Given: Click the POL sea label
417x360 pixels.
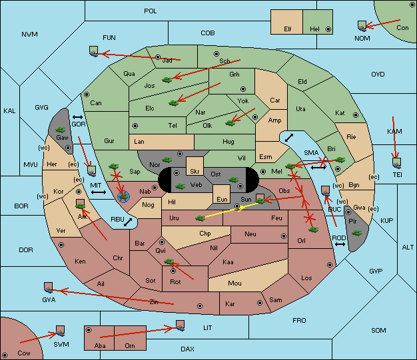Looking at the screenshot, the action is pyautogui.click(x=151, y=11).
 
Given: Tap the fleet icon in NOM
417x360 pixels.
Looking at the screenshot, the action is pyautogui.click(x=362, y=26).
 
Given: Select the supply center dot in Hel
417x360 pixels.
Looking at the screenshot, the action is pyautogui.click(x=328, y=29).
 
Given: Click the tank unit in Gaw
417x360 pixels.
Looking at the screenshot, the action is pyautogui.click(x=61, y=130).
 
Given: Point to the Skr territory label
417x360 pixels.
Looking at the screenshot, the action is pyautogui.click(x=195, y=172).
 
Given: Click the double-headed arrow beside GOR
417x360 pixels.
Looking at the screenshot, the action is pyautogui.click(x=77, y=117).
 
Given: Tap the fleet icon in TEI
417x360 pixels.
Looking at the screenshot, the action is pyautogui.click(x=397, y=163).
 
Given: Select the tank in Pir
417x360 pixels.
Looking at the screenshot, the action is pyautogui.click(x=356, y=233).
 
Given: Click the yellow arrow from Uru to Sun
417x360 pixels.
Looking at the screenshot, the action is pyautogui.click(x=229, y=210).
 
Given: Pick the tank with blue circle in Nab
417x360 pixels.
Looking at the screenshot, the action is pyautogui.click(x=123, y=196).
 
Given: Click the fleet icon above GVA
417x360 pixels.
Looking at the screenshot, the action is pyautogui.click(x=48, y=287).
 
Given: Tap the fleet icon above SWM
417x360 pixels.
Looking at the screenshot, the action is pyautogui.click(x=61, y=331).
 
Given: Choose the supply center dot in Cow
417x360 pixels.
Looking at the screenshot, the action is pyautogui.click(x=5, y=355).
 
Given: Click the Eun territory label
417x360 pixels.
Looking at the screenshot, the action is pyautogui.click(x=222, y=200).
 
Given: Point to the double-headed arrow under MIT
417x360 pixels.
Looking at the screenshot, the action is pyautogui.click(x=99, y=192).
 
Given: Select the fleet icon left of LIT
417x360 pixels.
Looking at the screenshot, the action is pyautogui.click(x=180, y=325).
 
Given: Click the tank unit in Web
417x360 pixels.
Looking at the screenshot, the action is pyautogui.click(x=181, y=186).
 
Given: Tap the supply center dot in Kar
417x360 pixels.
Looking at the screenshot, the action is pyautogui.click(x=260, y=303).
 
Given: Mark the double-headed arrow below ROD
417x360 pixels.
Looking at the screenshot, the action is pyautogui.click(x=340, y=244).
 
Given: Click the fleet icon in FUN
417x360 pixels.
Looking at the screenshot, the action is pyautogui.click(x=93, y=51).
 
